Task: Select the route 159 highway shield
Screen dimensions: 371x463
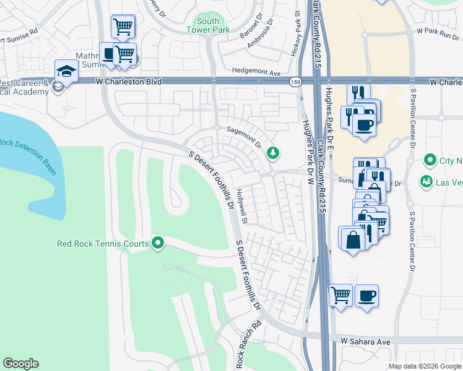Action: pyautogui.click(x=293, y=82)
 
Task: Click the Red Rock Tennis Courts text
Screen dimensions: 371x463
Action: pyautogui.click(x=103, y=244)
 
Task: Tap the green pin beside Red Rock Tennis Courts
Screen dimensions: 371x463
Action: pyautogui.click(x=158, y=244)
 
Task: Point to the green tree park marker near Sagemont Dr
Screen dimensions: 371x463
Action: pyautogui.click(x=272, y=153)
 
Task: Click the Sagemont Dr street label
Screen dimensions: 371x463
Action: pyautogui.click(x=244, y=135)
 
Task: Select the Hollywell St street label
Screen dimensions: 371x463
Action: pyautogui.click(x=245, y=211)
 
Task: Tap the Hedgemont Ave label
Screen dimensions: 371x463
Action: pyautogui.click(x=256, y=72)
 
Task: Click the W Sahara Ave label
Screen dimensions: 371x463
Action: pyautogui.click(x=365, y=341)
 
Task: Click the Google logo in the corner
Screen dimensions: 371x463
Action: pyautogui.click(x=20, y=364)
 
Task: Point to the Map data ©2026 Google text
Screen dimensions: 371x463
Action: pyautogui.click(x=424, y=366)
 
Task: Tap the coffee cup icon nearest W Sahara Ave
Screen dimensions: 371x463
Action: pyautogui.click(x=366, y=296)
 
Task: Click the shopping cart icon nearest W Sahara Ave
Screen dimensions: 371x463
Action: pyautogui.click(x=340, y=296)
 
